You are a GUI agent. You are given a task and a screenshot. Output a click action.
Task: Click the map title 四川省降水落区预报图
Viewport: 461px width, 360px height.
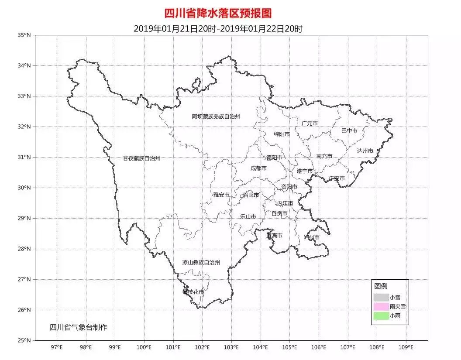coord(218,14)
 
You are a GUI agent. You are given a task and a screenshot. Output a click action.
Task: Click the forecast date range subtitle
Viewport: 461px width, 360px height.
coord(218,29)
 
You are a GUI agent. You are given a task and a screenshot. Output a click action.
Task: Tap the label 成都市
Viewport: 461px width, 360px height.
coord(258,168)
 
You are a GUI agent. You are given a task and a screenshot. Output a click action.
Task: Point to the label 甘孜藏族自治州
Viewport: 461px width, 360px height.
coord(141,158)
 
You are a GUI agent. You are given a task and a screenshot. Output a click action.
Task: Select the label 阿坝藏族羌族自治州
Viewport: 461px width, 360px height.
coord(216,117)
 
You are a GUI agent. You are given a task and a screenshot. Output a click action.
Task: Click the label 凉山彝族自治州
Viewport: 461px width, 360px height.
coord(201,263)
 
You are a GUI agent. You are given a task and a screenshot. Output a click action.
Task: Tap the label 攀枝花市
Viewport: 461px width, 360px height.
coord(193,291)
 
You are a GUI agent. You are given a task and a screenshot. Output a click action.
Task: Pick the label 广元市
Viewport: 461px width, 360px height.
coord(310,123)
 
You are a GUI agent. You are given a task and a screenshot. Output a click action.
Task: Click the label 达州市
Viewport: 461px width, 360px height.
coord(365,151)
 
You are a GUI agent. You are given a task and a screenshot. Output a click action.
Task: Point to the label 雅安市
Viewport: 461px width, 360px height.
coord(221,195)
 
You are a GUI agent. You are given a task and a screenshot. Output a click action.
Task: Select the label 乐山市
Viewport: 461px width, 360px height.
coord(248,216)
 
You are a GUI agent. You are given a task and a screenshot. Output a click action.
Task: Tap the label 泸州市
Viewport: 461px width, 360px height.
coord(311,237)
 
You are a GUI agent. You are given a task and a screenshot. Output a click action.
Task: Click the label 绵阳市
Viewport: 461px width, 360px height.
coord(282,134)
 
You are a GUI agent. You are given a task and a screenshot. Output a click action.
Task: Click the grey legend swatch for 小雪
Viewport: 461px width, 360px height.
coord(381,297)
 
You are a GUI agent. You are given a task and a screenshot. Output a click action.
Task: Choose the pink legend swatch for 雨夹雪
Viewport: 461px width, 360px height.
coord(381,307)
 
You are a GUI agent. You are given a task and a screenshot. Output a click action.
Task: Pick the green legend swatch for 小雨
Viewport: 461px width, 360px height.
coord(381,316)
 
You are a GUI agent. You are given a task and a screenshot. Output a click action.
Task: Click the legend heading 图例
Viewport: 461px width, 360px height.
coord(381,286)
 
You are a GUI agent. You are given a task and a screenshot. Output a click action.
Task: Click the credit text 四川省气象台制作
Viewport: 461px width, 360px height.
coord(79,327)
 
